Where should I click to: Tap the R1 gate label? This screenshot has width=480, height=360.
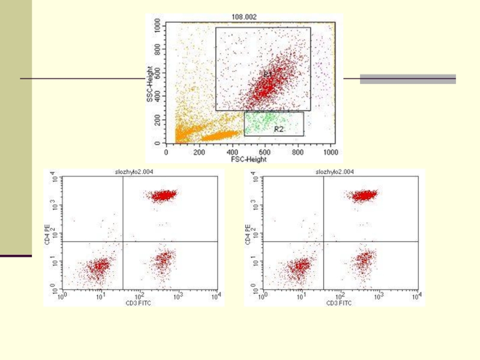[x=268, y=73]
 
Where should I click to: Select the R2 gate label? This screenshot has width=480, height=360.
[x=278, y=129]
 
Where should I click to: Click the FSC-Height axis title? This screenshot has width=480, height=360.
[x=250, y=160]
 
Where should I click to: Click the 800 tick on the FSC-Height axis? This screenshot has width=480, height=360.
[x=298, y=152]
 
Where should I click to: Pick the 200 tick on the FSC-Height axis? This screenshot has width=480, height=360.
[x=199, y=152]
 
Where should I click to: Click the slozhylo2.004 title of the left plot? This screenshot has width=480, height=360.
[x=134, y=172]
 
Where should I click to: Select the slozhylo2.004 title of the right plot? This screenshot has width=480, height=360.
[x=335, y=172]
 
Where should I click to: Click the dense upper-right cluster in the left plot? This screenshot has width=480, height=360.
[x=163, y=196]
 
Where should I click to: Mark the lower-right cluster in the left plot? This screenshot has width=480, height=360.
[x=163, y=260]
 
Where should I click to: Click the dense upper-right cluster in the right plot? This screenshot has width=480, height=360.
[x=364, y=196]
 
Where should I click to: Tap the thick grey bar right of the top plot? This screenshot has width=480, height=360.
[x=407, y=79]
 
